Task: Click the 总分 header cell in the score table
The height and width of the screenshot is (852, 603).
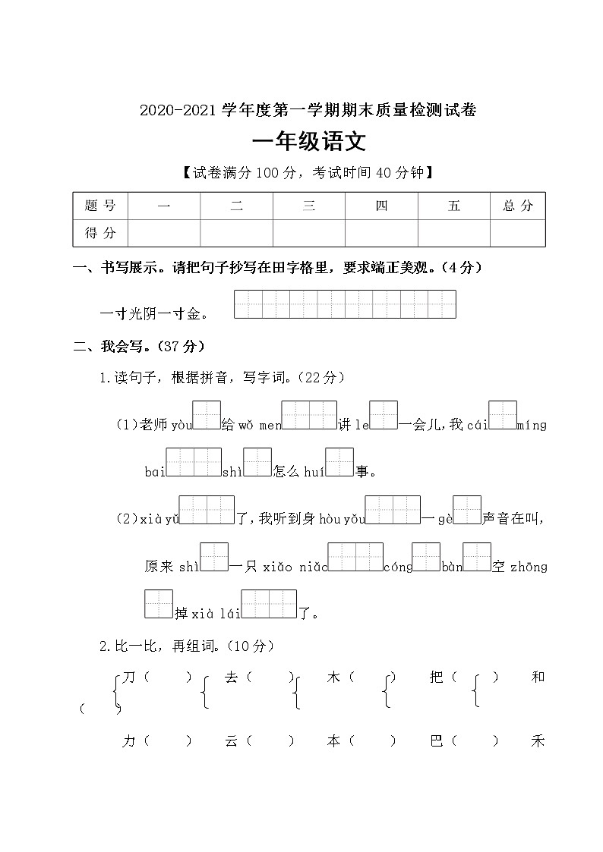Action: [x=517, y=206]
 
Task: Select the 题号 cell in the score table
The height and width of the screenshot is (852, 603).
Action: [x=100, y=206]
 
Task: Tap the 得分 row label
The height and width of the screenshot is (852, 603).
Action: [x=100, y=233]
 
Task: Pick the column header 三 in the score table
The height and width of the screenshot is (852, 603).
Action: [x=308, y=206]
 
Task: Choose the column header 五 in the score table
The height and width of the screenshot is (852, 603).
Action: [x=453, y=206]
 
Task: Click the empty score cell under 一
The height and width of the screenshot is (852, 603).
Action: [x=164, y=233]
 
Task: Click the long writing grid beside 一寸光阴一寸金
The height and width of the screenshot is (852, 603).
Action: [x=345, y=303]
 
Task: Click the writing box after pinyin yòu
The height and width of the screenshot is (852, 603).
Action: [x=207, y=415]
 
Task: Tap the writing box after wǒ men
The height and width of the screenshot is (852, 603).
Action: [x=309, y=415]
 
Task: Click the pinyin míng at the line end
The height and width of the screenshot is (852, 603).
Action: [x=532, y=425]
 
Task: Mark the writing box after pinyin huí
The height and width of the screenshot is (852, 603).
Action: [x=339, y=462]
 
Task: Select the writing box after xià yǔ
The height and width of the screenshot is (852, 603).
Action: [x=207, y=509]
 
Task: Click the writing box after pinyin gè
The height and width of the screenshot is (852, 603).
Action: [x=467, y=509]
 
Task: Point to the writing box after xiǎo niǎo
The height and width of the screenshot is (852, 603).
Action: [x=355, y=557]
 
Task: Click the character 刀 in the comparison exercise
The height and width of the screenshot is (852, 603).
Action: [x=128, y=678]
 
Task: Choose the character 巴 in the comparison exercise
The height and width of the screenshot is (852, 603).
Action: [x=436, y=741]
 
